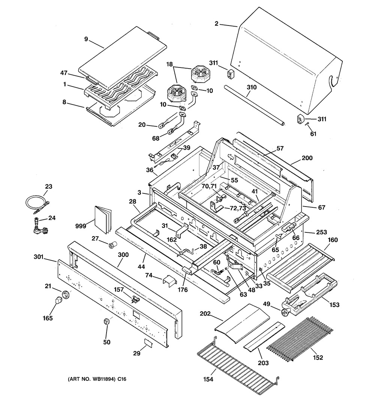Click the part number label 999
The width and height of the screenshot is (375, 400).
point(80,226)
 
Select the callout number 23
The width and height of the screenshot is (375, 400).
point(49,186)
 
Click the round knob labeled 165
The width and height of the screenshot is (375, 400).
point(58,300)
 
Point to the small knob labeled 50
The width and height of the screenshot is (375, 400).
point(106,322)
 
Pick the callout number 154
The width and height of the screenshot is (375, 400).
point(208,379)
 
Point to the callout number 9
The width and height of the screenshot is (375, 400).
point(86,39)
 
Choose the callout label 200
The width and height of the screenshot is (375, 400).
point(307,158)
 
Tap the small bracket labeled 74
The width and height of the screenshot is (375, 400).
point(169,280)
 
